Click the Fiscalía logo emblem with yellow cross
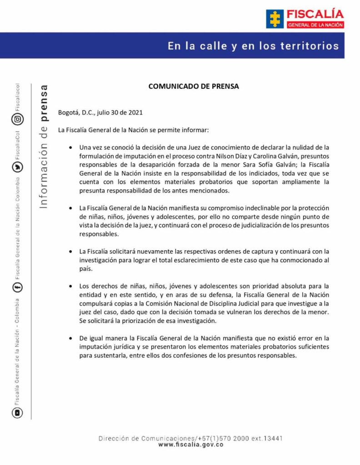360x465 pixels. tap(275, 19)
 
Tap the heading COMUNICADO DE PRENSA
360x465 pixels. tap(194, 86)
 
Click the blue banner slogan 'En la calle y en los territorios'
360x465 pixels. tap(253, 46)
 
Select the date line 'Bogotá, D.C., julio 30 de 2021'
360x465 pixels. tap(103, 113)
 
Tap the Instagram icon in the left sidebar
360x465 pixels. tap(17, 119)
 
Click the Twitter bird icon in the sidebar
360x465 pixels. tap(17, 167)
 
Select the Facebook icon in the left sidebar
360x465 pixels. tap(17, 287)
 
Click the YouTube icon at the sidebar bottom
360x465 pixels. tap(17, 413)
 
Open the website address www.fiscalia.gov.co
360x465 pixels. tap(191, 445)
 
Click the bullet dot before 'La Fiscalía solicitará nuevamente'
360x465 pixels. tap(70, 252)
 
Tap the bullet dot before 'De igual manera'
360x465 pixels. tap(70, 338)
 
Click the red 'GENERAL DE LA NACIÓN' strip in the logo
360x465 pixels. tap(315, 25)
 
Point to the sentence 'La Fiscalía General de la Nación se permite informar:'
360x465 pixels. tap(133, 130)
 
